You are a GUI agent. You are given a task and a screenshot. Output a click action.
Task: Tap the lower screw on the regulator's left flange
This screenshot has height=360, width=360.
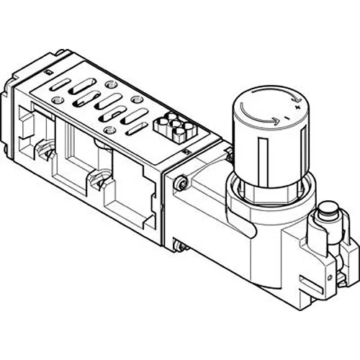click(x=182, y=248)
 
